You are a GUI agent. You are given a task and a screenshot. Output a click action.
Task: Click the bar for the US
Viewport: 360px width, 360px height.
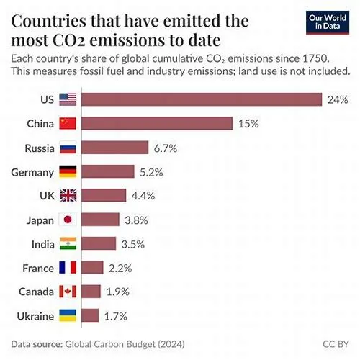click(202, 99)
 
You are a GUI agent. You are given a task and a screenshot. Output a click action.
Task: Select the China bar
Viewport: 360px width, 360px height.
click(157, 123)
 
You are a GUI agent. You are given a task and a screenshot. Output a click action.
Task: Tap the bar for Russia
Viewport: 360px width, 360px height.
click(114, 148)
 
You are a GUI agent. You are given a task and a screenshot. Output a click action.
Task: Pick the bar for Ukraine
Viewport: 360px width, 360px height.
click(90, 315)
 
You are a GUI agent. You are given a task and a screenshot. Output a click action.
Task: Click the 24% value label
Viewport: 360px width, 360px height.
click(338, 99)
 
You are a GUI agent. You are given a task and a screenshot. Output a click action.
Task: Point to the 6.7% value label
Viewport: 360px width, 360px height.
click(166, 148)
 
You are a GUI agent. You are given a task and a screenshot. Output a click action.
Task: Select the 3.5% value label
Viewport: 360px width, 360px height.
click(133, 244)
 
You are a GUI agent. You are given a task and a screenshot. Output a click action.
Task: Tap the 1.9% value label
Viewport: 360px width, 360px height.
click(118, 292)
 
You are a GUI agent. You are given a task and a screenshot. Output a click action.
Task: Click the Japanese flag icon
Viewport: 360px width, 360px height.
click(68, 220)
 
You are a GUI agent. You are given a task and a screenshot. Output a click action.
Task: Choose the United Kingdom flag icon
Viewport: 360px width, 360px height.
click(68, 195)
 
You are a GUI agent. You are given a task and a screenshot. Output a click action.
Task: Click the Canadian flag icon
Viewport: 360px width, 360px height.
click(68, 292)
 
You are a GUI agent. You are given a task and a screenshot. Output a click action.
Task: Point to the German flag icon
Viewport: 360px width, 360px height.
click(68, 171)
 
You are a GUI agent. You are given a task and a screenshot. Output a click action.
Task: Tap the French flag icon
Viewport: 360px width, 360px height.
click(68, 267)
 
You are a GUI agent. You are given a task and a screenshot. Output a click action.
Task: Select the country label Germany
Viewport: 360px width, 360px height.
click(32, 173)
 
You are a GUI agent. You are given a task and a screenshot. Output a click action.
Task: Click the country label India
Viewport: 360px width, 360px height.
click(43, 244)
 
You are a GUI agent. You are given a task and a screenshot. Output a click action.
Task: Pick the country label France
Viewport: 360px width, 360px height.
click(38, 269)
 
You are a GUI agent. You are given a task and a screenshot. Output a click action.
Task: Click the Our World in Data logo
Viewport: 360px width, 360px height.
click(328, 22)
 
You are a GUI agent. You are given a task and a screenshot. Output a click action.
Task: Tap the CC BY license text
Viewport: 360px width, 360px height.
click(336, 344)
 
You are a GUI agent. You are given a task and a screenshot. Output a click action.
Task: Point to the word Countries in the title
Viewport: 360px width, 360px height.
click(48, 21)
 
